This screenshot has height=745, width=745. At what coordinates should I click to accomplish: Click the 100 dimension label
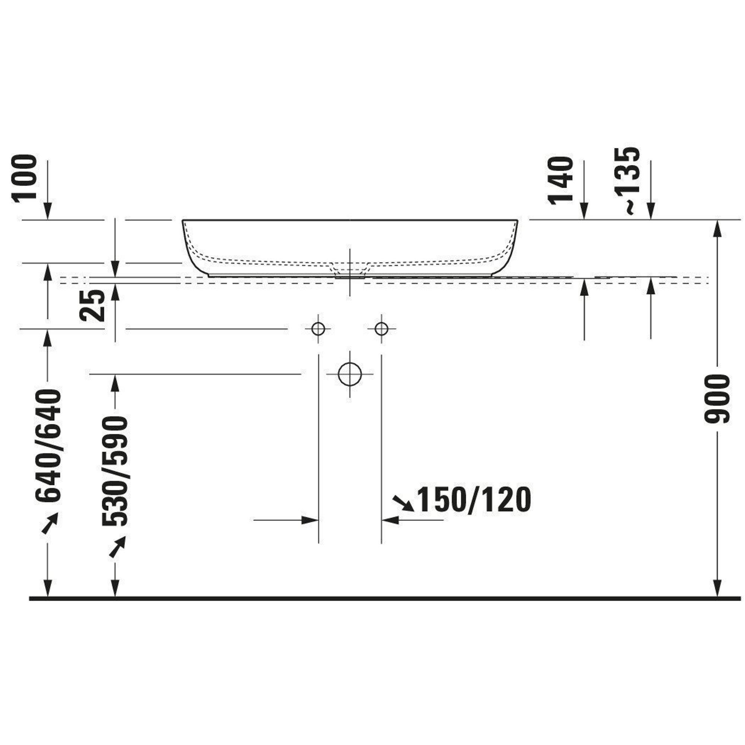[24, 178]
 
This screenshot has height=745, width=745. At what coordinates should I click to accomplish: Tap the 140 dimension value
[560, 180]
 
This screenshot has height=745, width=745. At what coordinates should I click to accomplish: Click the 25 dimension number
[92, 306]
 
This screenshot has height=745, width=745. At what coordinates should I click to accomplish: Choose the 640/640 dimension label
[48, 446]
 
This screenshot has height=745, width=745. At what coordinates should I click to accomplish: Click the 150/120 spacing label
[474, 500]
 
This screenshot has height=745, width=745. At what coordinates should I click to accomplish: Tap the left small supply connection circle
[318, 329]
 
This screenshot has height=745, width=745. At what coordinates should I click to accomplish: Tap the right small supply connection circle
[381, 329]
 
